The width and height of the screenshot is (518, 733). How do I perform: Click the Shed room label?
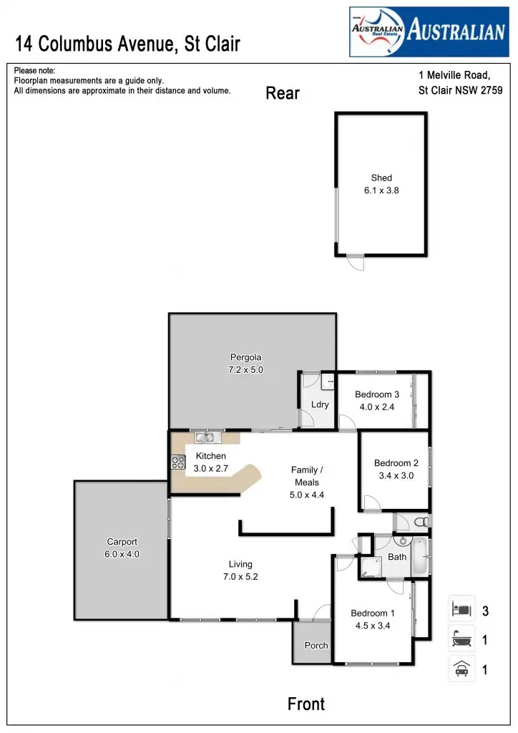click(381, 178)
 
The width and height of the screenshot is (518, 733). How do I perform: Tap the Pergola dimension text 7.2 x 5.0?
click(245, 370)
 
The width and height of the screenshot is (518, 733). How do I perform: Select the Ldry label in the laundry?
click(320, 404)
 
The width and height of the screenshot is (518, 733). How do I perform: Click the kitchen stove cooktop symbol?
click(178, 462)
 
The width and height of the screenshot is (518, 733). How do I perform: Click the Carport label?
click(122, 542)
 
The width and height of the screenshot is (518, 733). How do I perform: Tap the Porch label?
click(316, 645)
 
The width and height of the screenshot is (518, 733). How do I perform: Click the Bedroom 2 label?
click(392, 463)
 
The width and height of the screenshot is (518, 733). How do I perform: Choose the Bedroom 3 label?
click(377, 394)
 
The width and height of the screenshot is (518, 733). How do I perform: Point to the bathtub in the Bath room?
click(421, 557)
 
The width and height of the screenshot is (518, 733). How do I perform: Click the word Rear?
click(283, 93)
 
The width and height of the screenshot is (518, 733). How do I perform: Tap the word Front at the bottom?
click(306, 704)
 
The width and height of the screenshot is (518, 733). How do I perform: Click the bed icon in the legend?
click(461, 611)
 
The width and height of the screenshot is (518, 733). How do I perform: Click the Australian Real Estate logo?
click(428, 32)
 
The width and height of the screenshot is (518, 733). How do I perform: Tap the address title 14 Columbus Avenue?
click(128, 44)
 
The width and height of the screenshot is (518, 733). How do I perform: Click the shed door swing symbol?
click(356, 262)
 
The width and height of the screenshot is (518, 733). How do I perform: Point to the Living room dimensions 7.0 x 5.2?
click(240, 576)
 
